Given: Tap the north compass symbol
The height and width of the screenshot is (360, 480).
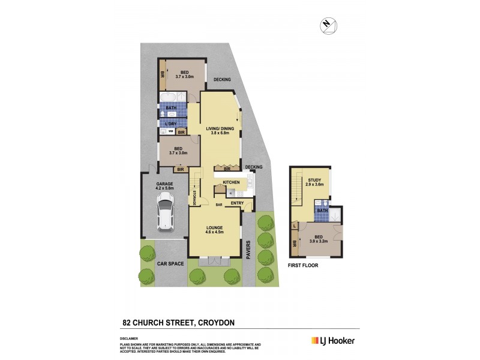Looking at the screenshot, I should (x=327, y=24).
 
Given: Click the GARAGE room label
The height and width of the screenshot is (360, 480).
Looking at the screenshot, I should (x=164, y=184).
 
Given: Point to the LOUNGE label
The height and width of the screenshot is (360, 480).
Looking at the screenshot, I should (x=215, y=227).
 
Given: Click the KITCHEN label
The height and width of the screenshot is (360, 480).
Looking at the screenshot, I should (x=231, y=182).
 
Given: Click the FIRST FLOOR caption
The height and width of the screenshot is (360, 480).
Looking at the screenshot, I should (x=302, y=265).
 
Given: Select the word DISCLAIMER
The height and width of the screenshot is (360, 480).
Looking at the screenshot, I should (x=130, y=338).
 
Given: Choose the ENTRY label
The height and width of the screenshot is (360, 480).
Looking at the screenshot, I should (x=236, y=203).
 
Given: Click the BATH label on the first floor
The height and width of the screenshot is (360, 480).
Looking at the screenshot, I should (x=322, y=211).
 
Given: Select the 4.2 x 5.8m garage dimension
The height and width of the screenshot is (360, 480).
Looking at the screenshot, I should (x=164, y=188).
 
